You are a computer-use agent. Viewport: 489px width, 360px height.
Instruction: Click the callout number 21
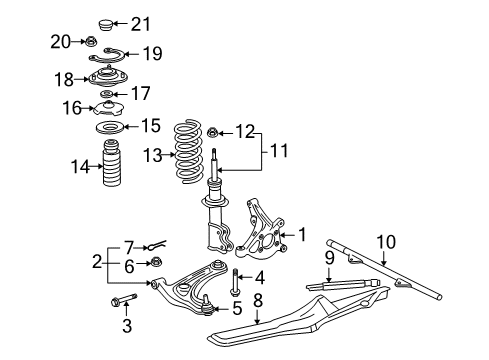(141, 24)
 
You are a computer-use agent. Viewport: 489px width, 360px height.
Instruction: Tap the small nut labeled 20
(90, 42)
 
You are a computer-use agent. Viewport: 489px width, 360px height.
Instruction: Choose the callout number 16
(71, 107)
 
